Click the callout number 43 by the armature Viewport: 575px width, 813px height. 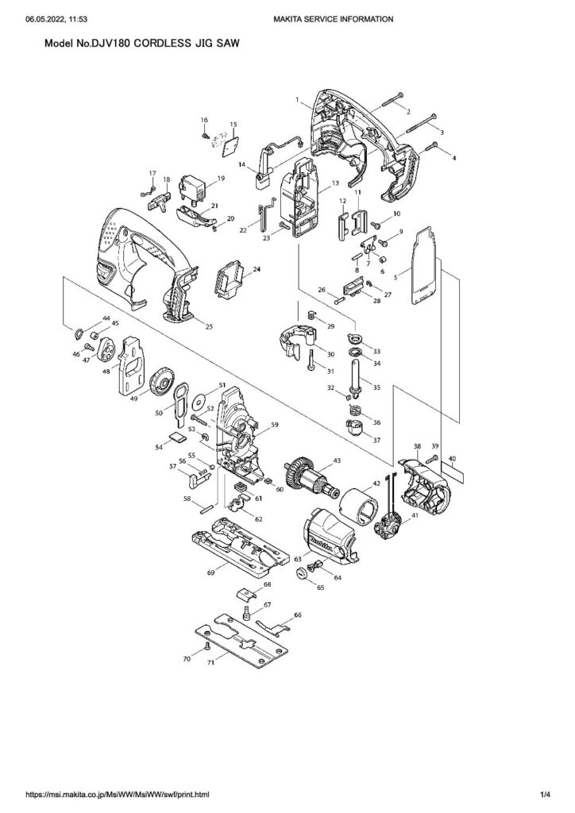pyautogui.click(x=337, y=461)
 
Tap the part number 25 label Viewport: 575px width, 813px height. pyautogui.click(x=209, y=326)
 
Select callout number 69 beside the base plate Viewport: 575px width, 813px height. pyautogui.click(x=211, y=572)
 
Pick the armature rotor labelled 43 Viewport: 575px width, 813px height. pyautogui.click(x=305, y=474)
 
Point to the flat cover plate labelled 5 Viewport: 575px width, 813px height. pyautogui.click(x=424, y=266)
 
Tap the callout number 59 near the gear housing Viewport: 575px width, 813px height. pyautogui.click(x=275, y=425)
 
